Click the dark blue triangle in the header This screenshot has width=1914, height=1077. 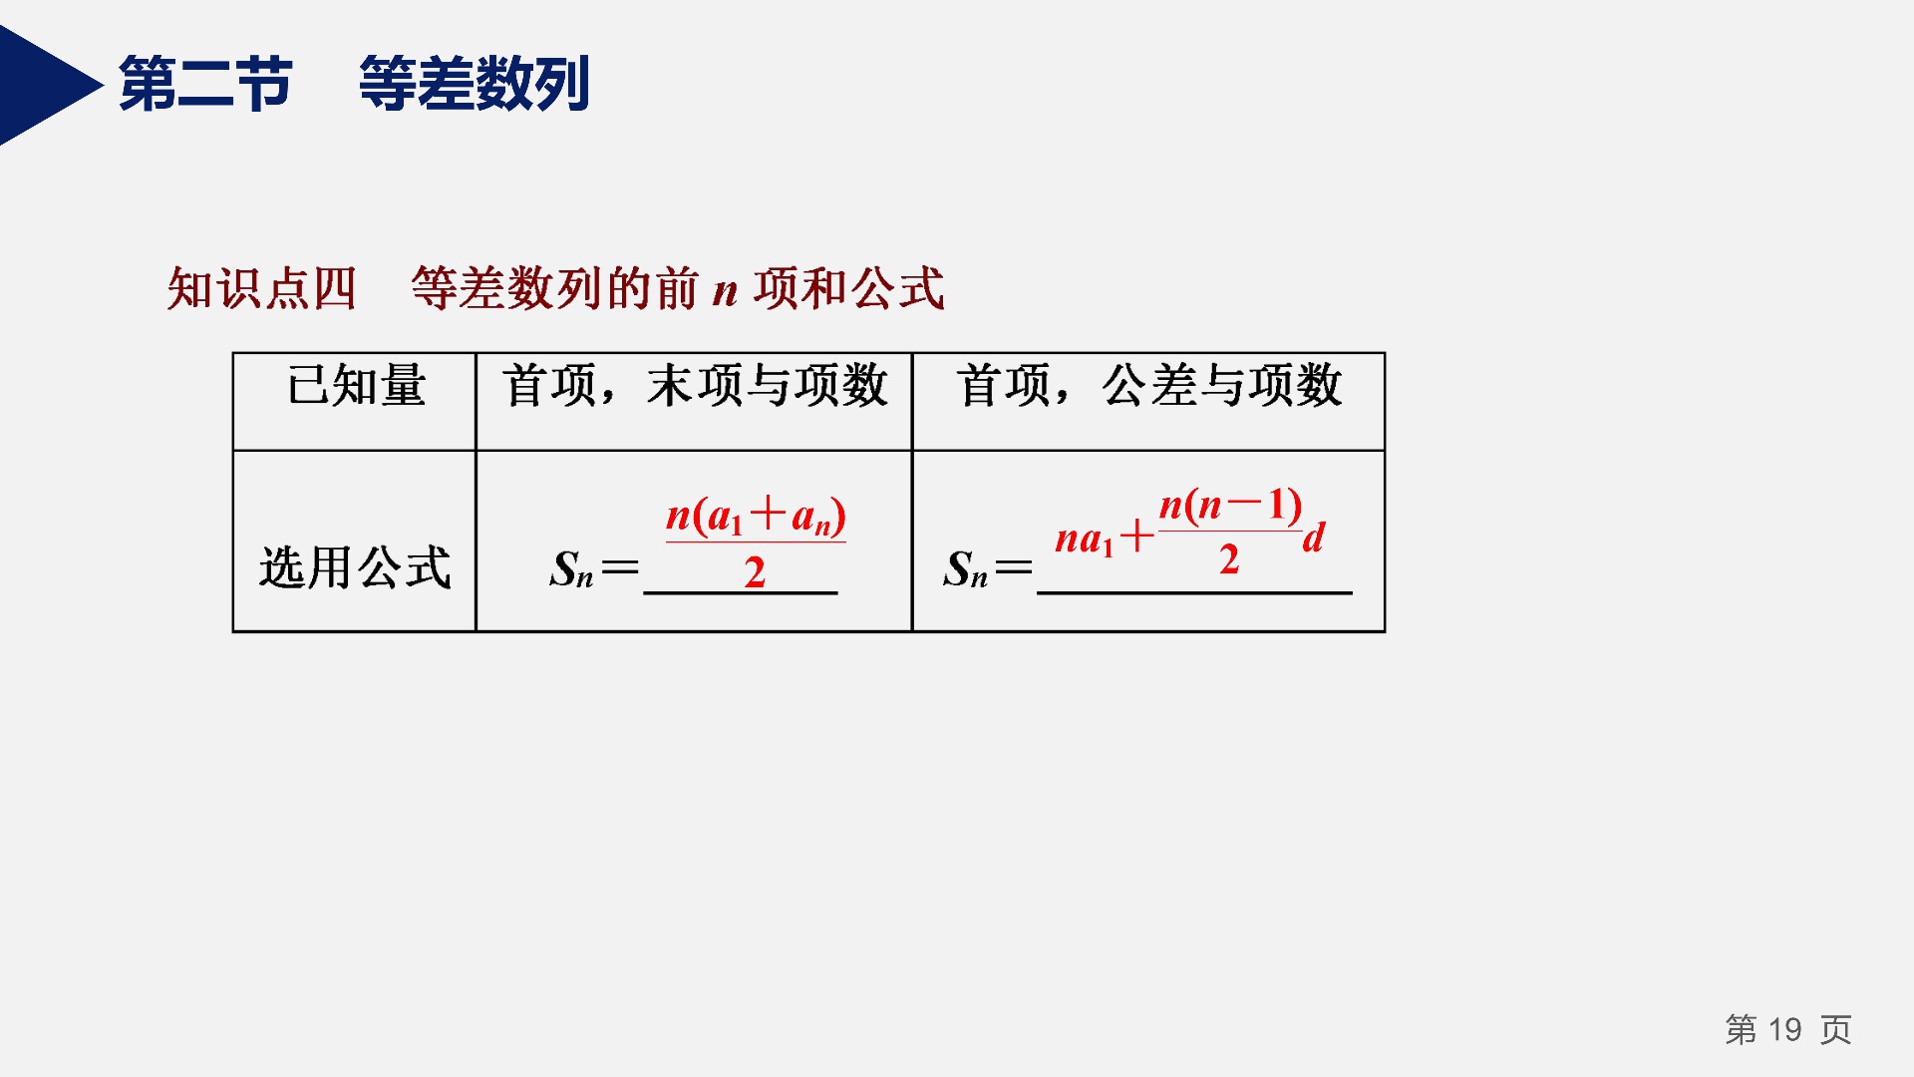[40, 86]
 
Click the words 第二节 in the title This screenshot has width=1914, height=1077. [205, 83]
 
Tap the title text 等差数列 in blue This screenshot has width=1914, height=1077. [475, 83]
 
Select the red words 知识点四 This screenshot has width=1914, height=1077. [261, 289]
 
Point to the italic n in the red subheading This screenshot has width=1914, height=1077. [725, 292]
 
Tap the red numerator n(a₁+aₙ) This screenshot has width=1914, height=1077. [756, 516]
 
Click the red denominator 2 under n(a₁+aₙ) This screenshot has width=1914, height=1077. [755, 572]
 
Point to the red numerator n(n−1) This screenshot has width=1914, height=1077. [1230, 506]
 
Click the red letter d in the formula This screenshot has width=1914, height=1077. [1314, 538]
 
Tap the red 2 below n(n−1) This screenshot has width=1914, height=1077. [1229, 559]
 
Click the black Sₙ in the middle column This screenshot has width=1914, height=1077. [571, 569]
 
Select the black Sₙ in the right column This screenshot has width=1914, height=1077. [965, 569]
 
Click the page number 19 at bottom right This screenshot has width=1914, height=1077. [1784, 1029]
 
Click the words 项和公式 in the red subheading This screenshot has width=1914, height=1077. [848, 289]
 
